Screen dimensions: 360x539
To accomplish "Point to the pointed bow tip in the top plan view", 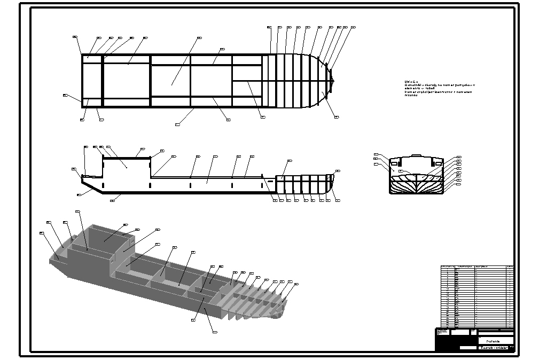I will (333, 81).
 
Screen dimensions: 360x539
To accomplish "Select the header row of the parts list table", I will (477, 267).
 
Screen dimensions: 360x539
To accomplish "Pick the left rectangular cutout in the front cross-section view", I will (394, 163).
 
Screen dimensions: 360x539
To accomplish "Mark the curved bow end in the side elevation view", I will (328, 184).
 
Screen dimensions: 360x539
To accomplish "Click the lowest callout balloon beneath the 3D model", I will (215, 332).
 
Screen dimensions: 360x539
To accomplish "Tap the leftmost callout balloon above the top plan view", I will (75, 37).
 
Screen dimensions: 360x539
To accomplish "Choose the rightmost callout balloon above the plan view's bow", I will (353, 27).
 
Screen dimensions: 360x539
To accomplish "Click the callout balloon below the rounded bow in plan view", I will (336, 116).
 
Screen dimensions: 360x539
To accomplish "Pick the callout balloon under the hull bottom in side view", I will (112, 200).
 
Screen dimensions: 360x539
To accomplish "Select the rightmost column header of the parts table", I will (510, 267).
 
